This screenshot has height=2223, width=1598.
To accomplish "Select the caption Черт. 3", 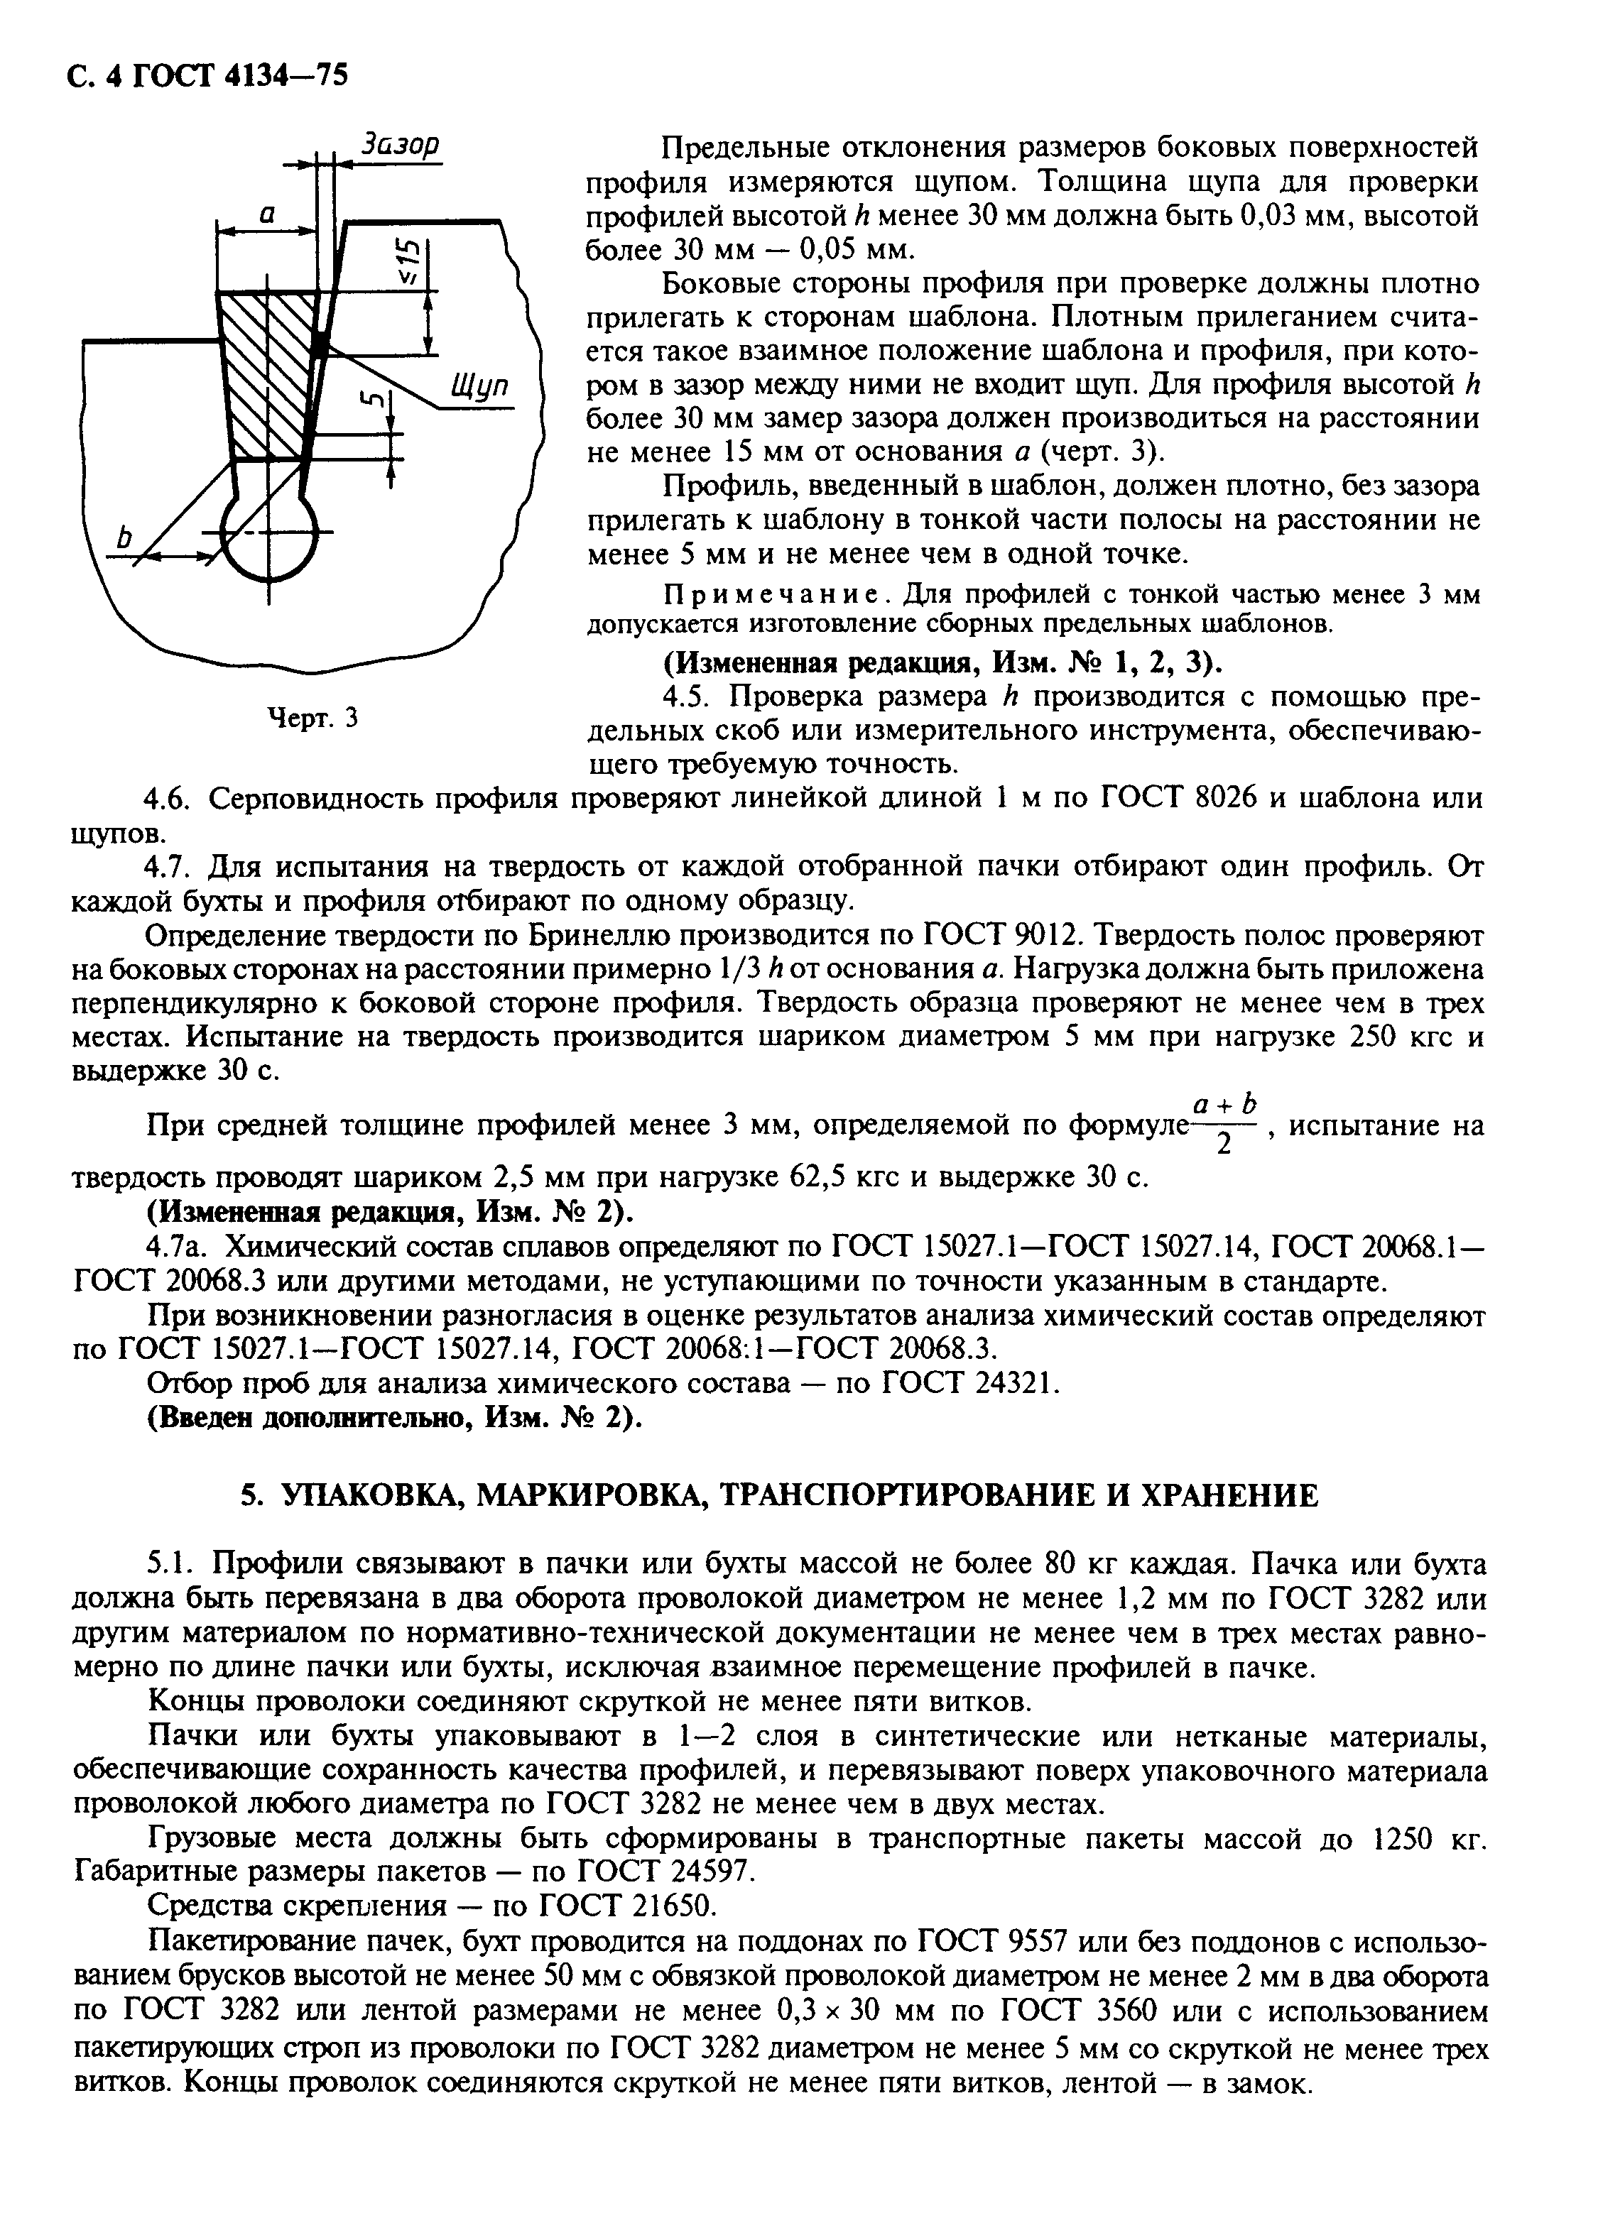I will tap(312, 718).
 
